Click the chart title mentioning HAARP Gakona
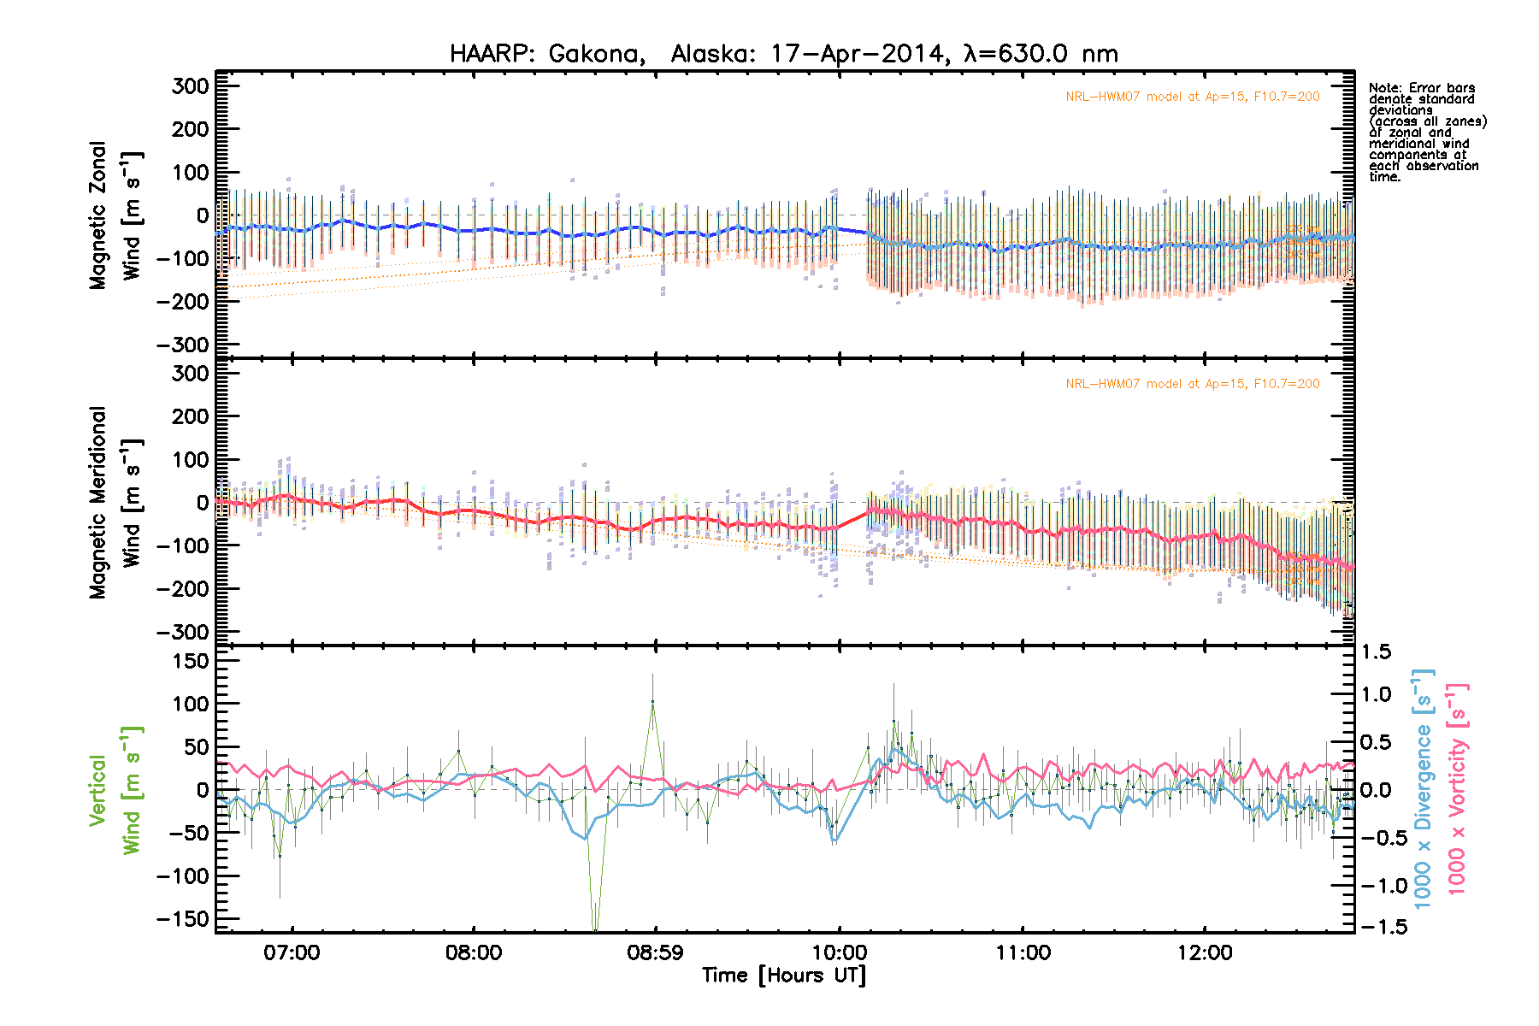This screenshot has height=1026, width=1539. (783, 54)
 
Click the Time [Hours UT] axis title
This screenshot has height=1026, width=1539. (783, 976)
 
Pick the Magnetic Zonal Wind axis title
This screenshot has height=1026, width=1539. (115, 215)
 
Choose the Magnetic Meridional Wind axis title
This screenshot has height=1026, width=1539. (115, 502)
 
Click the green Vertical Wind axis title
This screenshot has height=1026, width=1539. (115, 790)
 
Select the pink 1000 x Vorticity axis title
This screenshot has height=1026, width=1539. (1457, 788)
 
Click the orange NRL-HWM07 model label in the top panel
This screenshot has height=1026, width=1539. (1192, 97)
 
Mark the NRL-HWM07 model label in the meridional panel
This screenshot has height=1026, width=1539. (1192, 384)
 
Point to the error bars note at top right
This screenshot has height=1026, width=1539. (1426, 132)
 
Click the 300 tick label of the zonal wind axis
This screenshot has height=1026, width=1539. (190, 86)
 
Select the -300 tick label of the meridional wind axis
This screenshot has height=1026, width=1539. (183, 633)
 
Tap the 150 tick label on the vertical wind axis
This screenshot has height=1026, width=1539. (190, 661)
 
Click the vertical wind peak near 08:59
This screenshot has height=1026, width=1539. (653, 702)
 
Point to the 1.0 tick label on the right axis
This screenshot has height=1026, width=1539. (1377, 694)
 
